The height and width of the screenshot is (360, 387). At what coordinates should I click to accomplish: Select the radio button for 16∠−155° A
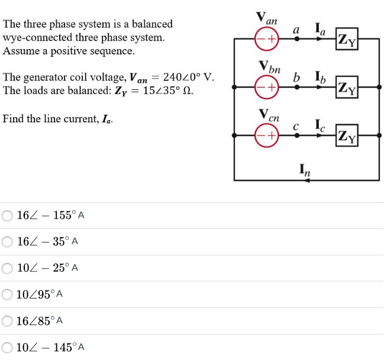(7, 215)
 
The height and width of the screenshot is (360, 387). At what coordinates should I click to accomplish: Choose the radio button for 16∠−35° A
(7, 241)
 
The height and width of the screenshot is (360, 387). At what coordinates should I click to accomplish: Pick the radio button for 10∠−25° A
(7, 268)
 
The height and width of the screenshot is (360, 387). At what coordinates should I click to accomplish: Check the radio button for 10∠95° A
(7, 294)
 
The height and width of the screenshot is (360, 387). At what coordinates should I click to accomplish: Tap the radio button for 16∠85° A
(7, 320)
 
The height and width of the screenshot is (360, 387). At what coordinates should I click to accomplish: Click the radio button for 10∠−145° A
(7, 347)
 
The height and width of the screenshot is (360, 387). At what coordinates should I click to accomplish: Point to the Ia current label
(320, 27)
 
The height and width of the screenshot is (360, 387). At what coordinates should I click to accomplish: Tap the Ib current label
(320, 76)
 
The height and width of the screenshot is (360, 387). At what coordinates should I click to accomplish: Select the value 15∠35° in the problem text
(154, 91)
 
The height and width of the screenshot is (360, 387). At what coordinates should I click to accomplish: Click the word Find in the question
(13, 119)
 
